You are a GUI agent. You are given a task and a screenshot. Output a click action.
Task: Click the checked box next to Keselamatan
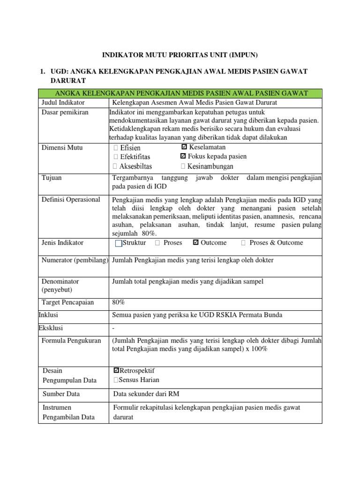[x=184, y=148]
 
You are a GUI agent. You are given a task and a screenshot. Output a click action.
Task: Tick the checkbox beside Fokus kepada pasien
[x=183, y=157]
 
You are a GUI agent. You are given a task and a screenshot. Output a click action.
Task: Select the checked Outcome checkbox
[x=196, y=243]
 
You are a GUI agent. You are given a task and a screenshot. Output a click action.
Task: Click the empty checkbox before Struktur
[x=118, y=243]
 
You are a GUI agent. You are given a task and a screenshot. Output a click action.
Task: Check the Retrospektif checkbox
[x=116, y=371]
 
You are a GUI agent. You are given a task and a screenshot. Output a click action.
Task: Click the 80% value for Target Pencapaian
[x=119, y=302]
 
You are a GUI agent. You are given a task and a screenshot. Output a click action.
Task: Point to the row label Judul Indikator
[x=63, y=103]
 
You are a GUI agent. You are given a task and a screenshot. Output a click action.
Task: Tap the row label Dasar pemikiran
[x=65, y=112]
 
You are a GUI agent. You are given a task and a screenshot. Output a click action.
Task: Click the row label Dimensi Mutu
[x=62, y=148]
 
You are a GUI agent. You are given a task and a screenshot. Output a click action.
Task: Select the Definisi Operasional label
[x=71, y=200]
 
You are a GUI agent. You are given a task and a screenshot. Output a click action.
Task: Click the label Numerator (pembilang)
[x=75, y=260]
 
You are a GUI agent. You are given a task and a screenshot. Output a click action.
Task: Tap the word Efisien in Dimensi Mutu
[x=130, y=148]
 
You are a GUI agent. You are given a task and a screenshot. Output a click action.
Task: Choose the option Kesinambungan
[x=210, y=166]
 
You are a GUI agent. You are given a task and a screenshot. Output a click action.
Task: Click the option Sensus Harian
[x=139, y=380]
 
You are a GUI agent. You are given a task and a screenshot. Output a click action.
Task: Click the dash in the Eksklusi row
[x=113, y=328]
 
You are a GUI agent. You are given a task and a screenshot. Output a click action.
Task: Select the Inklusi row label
[x=48, y=315]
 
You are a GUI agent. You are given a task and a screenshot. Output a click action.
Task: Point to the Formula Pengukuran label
[x=71, y=341]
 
